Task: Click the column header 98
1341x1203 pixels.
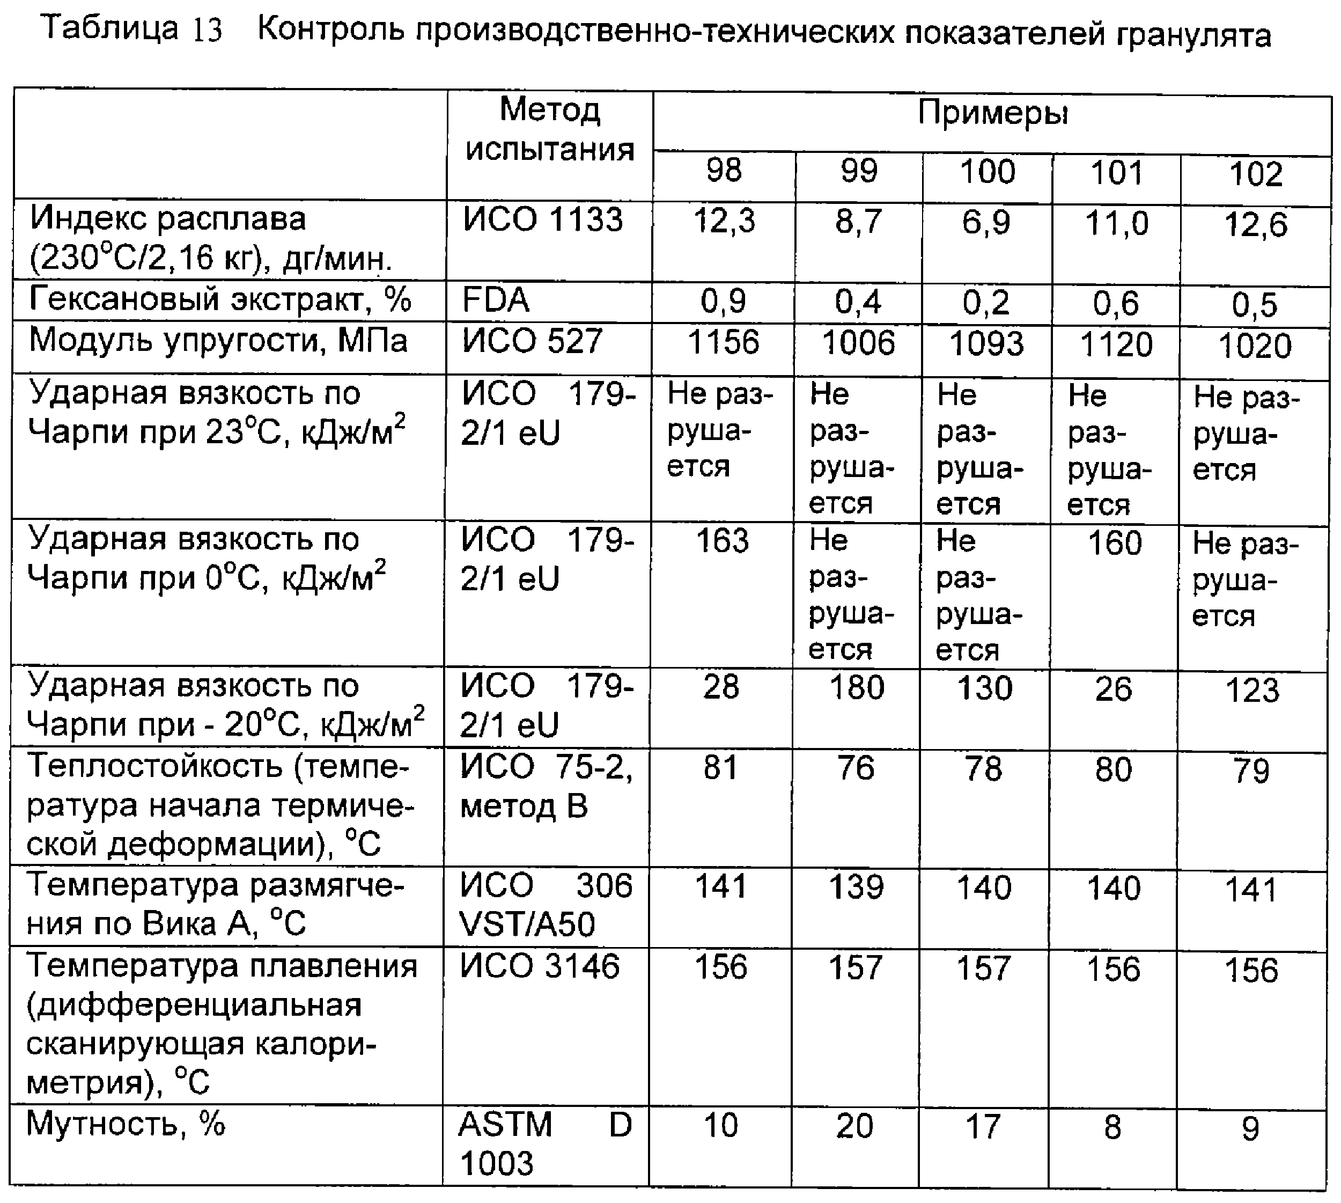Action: click(724, 171)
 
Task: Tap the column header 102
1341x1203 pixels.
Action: click(1255, 174)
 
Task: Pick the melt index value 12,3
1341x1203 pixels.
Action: click(724, 221)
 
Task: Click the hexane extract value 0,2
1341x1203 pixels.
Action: click(986, 303)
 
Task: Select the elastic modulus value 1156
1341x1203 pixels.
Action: click(724, 342)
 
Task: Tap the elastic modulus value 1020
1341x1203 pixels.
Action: click(1255, 346)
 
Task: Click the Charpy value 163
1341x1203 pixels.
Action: click(723, 541)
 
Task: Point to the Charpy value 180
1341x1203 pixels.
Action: click(857, 687)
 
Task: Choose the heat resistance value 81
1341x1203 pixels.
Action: click(720, 768)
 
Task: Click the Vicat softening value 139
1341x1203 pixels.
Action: click(856, 887)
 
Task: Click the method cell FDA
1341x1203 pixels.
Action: click(496, 300)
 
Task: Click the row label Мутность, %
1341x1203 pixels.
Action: click(126, 1124)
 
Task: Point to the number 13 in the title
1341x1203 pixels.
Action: click(207, 31)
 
